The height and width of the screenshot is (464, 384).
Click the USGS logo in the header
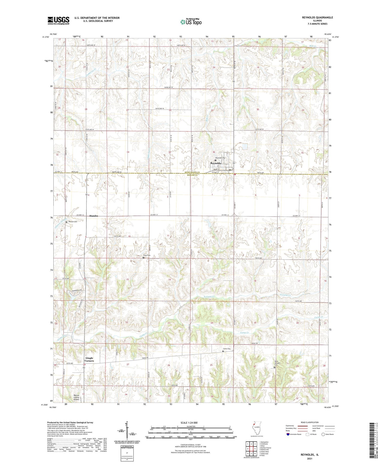58,20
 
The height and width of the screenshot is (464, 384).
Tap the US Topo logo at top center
191,22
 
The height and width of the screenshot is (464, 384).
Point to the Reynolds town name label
216,163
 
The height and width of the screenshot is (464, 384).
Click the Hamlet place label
94,216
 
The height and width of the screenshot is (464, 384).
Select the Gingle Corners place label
89,359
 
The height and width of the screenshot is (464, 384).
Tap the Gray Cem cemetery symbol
144,258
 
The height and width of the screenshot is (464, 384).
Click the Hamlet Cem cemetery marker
67,222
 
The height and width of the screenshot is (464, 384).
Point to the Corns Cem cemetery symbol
223,351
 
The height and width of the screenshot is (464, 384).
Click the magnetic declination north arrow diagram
127,431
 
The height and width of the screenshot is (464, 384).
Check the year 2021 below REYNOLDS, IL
310,459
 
